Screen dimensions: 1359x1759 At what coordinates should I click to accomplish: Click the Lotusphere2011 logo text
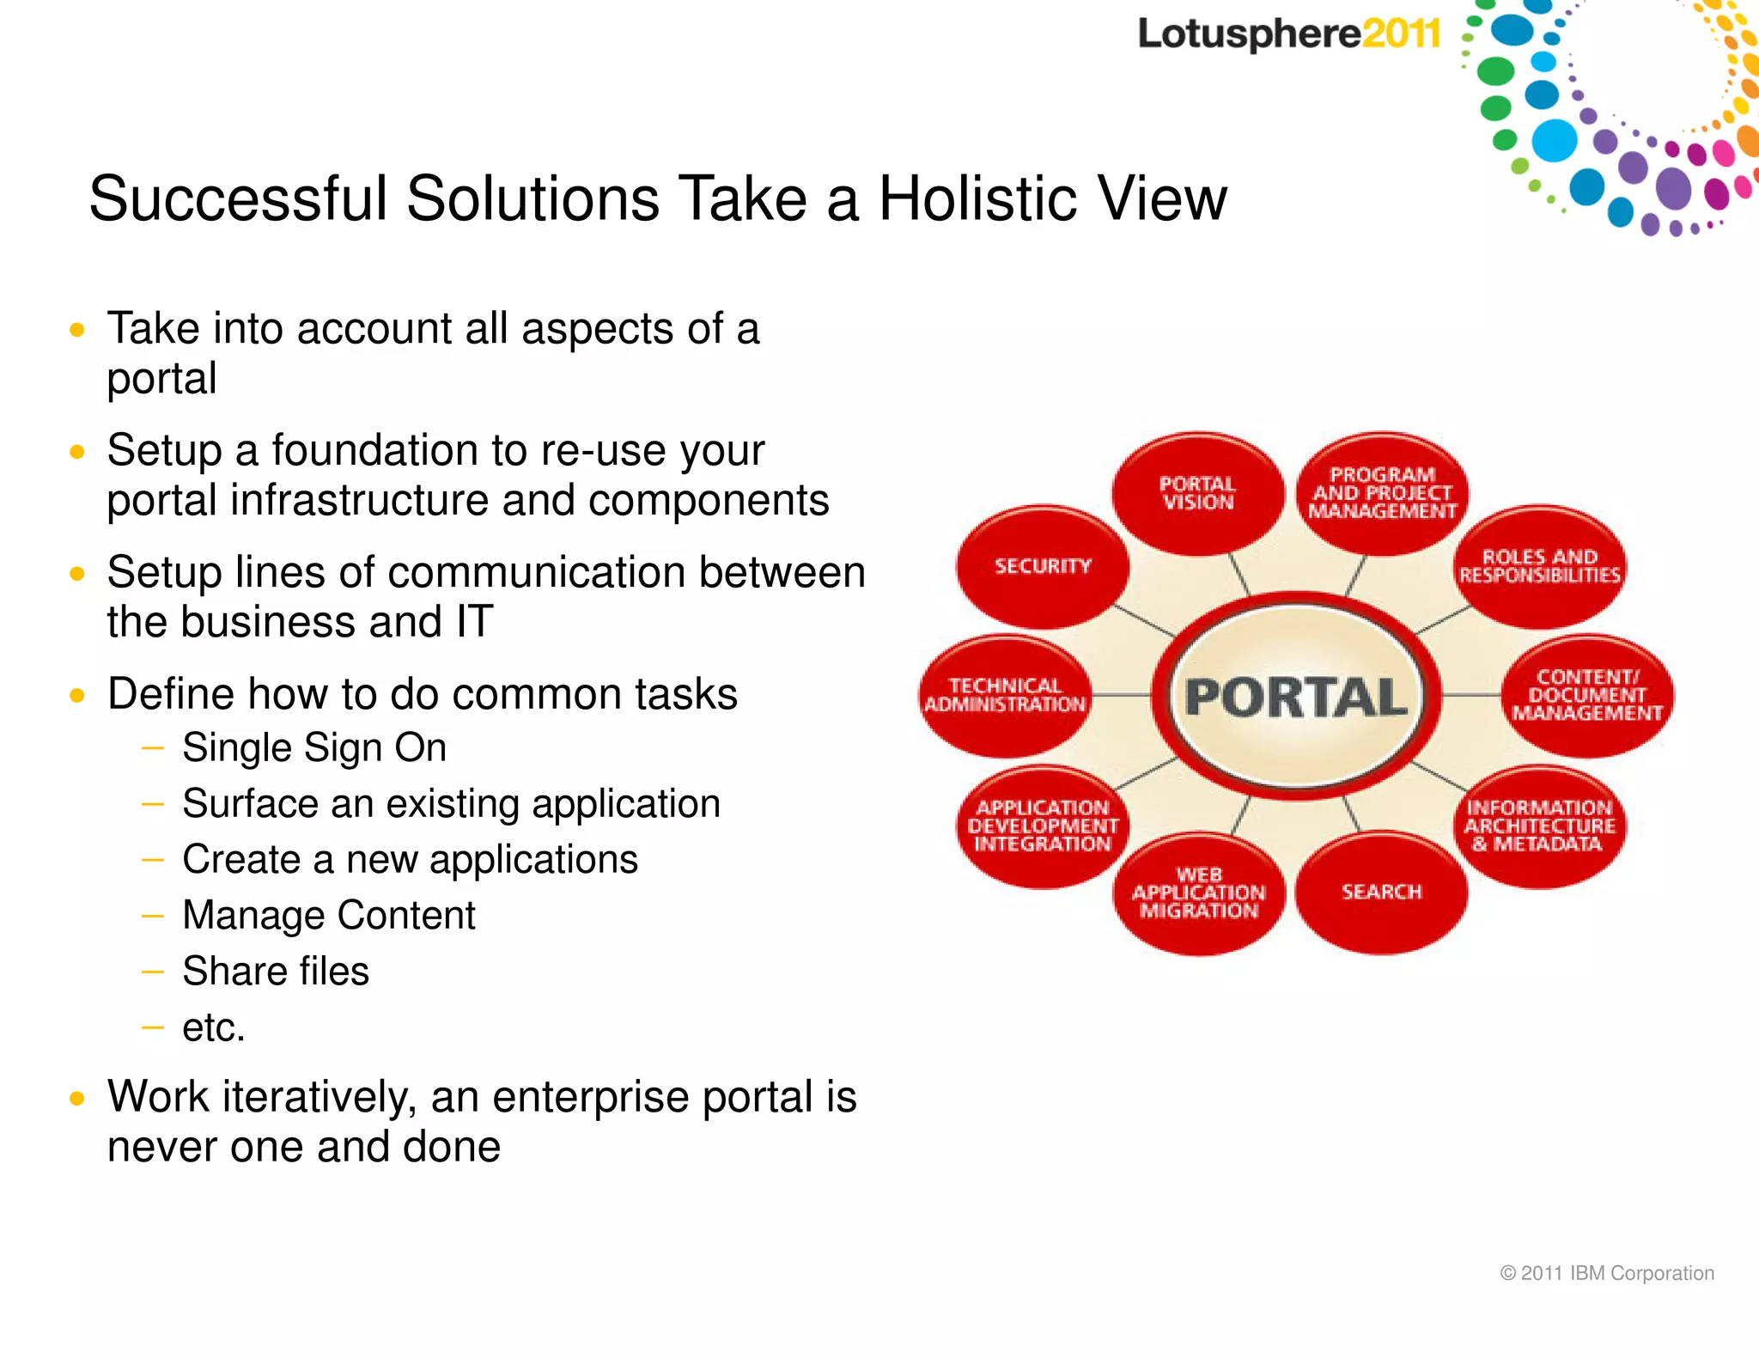click(x=1288, y=34)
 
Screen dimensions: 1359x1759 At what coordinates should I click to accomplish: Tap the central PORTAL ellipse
click(x=1296, y=696)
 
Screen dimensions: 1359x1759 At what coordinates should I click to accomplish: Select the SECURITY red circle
click(x=1043, y=566)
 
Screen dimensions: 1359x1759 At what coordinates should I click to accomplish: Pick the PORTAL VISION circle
click(x=1197, y=493)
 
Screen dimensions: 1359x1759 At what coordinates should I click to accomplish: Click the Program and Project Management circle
click(x=1382, y=493)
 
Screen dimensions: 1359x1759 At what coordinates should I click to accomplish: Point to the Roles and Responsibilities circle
click(x=1539, y=566)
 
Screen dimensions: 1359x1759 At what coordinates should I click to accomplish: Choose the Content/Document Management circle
click(x=1587, y=695)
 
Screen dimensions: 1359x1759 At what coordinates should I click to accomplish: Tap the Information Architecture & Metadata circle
click(x=1539, y=826)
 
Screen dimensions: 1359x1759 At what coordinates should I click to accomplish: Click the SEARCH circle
click(x=1381, y=892)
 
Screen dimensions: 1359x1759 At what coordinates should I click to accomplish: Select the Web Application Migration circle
click(x=1199, y=893)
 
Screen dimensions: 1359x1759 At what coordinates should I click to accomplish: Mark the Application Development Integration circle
click(x=1043, y=826)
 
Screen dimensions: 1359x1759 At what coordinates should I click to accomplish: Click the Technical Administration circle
click(x=1005, y=695)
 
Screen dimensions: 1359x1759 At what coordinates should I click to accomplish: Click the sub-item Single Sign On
click(x=314, y=747)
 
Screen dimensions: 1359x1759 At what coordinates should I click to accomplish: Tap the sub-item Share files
click(x=276, y=971)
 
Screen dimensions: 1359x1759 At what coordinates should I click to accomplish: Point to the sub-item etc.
click(x=214, y=1027)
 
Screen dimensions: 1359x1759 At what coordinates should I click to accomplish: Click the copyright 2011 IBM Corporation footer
click(x=1606, y=1273)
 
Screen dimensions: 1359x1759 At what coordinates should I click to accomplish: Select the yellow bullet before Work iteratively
click(x=77, y=1098)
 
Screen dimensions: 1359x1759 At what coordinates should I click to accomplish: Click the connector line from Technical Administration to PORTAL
click(x=1121, y=695)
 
